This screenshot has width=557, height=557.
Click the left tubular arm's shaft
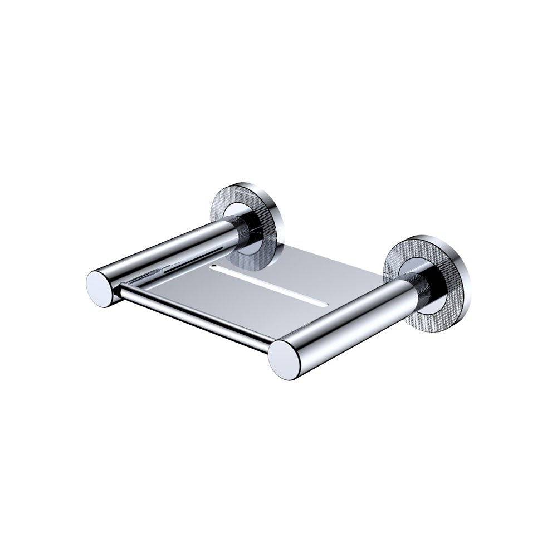coord(162,256)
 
